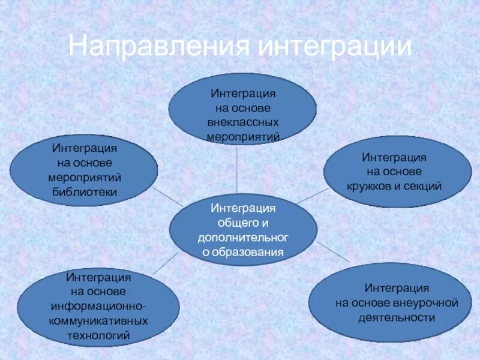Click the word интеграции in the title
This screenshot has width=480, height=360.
[335, 47]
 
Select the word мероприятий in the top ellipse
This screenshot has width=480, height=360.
[242, 136]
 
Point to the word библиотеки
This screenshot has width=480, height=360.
[85, 191]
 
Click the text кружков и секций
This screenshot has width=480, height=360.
[394, 185]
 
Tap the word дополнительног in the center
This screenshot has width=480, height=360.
[243, 238]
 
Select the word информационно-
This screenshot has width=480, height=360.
[98, 307]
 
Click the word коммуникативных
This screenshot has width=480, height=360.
[98, 321]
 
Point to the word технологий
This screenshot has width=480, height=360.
[98, 335]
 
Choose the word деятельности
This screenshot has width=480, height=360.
[397, 317]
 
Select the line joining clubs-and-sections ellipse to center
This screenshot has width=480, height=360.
[311, 196]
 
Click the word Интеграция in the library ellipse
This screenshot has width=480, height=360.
[85, 148]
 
